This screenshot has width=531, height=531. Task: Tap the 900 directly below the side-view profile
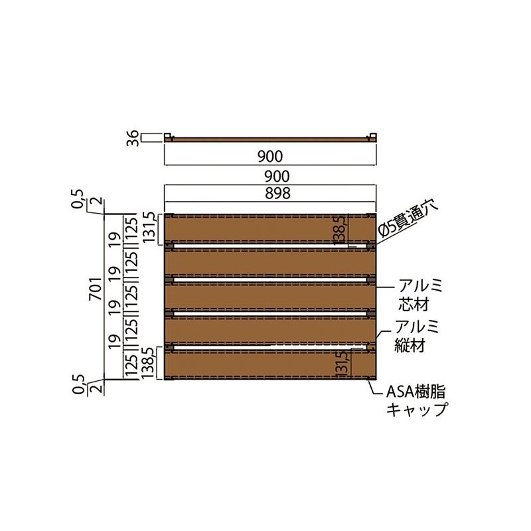coord(271,157)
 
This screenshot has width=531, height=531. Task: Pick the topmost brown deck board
coord(271,228)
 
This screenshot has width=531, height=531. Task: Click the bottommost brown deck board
coord(271,364)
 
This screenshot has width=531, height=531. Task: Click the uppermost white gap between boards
coord(271,245)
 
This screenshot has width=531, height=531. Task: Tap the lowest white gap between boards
coord(271,346)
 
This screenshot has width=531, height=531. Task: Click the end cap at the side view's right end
coord(374,137)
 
